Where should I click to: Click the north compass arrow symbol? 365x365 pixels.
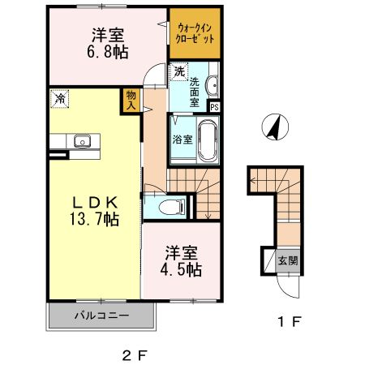(x=276, y=128)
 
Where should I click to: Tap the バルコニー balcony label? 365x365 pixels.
(x=102, y=315)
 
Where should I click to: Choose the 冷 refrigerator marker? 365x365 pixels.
(x=60, y=99)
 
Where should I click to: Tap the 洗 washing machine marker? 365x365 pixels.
(x=178, y=72)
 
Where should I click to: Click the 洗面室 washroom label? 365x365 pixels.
(x=195, y=92)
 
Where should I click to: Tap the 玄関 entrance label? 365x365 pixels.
(x=287, y=261)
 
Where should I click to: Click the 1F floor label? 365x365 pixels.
(x=290, y=323)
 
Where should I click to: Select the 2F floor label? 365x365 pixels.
(x=135, y=354)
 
